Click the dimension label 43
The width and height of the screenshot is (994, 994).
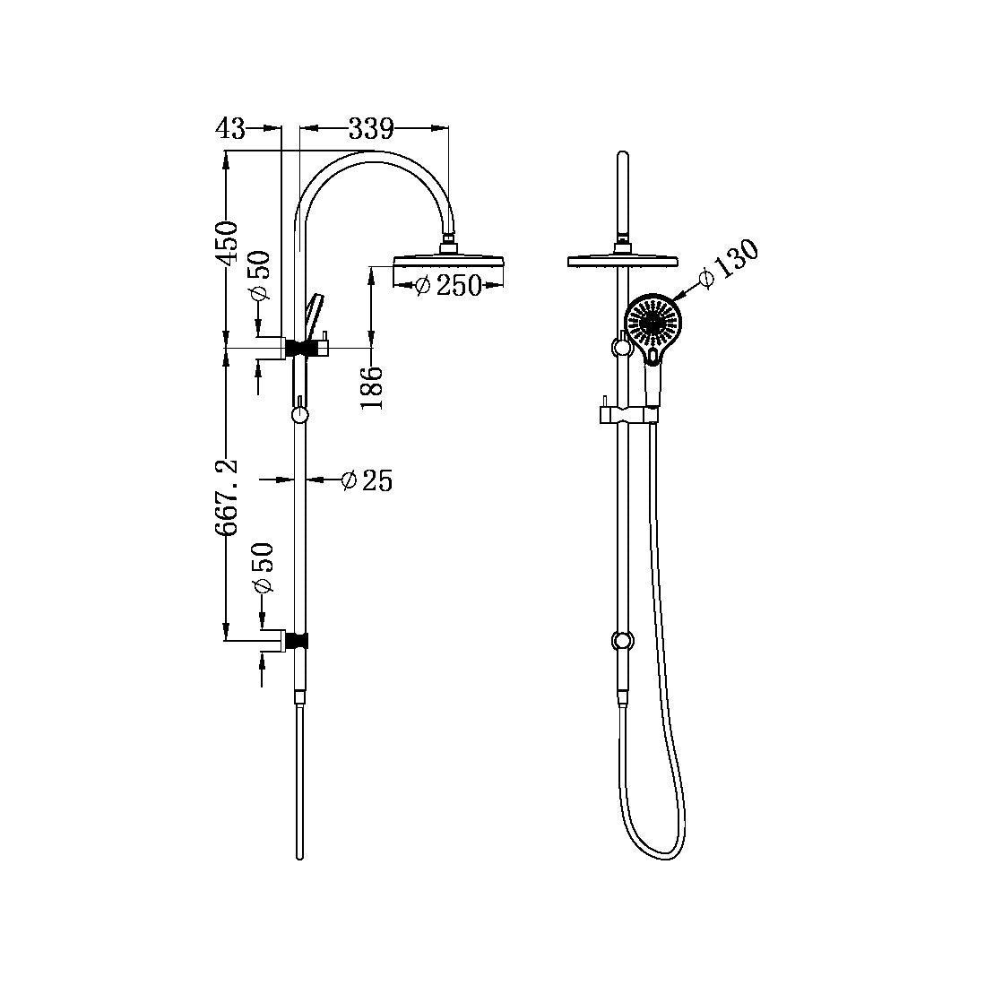(230, 129)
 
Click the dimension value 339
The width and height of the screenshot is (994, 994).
(371, 129)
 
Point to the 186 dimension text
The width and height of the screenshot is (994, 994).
(372, 387)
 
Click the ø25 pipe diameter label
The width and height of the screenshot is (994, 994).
(367, 481)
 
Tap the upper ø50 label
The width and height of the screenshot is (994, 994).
(260, 277)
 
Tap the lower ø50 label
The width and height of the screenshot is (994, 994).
(261, 569)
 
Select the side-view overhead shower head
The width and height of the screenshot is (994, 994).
(451, 262)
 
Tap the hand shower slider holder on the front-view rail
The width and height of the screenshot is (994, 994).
(627, 413)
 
